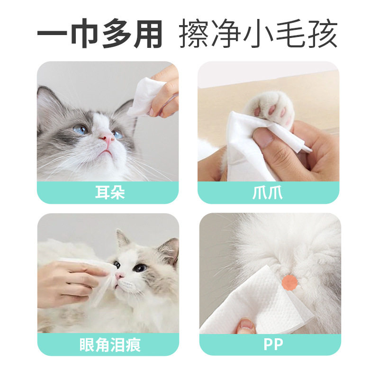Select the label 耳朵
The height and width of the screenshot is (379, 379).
coord(108,193)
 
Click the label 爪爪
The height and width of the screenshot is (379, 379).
coord(269,193)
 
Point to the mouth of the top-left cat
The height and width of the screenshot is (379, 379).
coord(108,151)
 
